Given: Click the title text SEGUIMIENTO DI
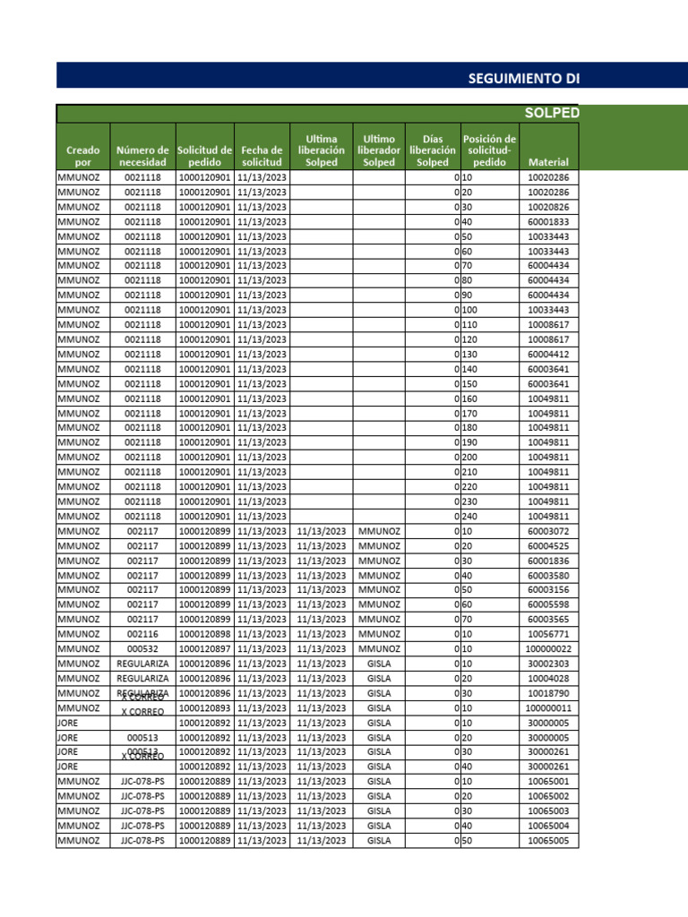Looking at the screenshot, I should [524, 78].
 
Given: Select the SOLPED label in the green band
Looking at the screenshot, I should [551, 113].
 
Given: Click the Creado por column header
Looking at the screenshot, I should [82, 157].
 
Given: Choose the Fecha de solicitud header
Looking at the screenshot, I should [262, 157].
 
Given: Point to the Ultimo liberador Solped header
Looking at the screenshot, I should [379, 150].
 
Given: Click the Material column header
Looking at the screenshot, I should [548, 163].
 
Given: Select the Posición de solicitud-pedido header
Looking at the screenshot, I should [489, 150].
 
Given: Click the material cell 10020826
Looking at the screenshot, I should [548, 207].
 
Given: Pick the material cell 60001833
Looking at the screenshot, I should [548, 221].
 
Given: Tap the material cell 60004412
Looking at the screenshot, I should [548, 354].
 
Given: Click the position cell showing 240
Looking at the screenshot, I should [471, 517].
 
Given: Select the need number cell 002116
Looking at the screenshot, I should [142, 634].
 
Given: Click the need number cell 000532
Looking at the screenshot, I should [142, 648].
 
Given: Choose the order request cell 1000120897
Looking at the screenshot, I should [205, 648].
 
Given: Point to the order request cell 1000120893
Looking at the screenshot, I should [205, 707].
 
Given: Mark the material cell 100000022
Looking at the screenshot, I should [548, 648].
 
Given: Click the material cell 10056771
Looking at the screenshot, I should [548, 634].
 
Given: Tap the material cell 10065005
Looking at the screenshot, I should [548, 841].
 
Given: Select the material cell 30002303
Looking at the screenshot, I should [548, 664].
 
